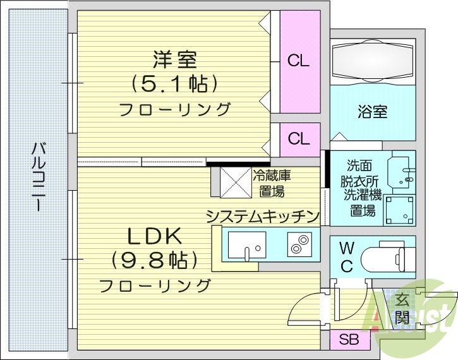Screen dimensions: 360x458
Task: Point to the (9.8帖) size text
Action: coord(155,260)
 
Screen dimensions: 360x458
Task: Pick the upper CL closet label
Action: coord(298,61)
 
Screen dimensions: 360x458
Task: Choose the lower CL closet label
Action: coord(298,138)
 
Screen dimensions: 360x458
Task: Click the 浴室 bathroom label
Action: coord(372,112)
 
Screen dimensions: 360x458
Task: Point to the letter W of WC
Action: coord(347,247)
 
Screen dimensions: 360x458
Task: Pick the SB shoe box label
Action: coord(348,340)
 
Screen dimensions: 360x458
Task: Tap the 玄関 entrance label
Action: coord(402,309)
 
